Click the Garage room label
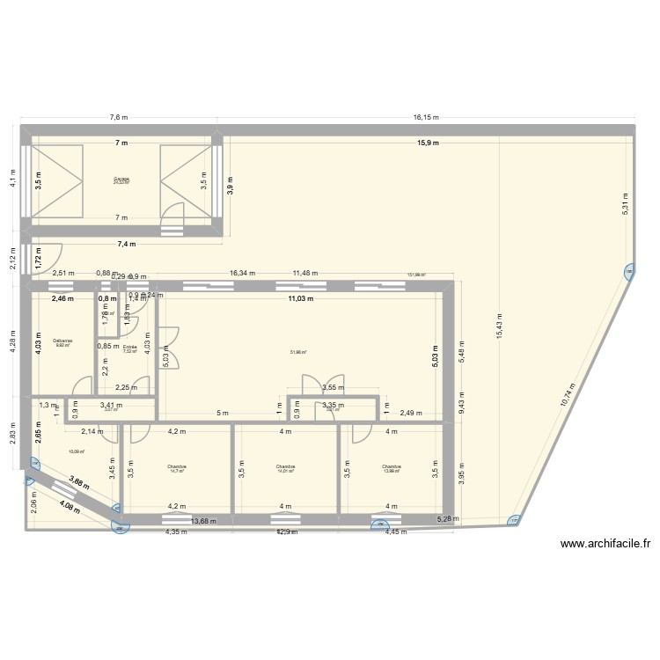click(121, 180)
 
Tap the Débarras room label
click(62, 341)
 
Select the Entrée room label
click(129, 348)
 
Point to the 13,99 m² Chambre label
click(392, 468)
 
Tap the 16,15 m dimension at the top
click(426, 117)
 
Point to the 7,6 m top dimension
click(118, 117)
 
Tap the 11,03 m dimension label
click(304, 298)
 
